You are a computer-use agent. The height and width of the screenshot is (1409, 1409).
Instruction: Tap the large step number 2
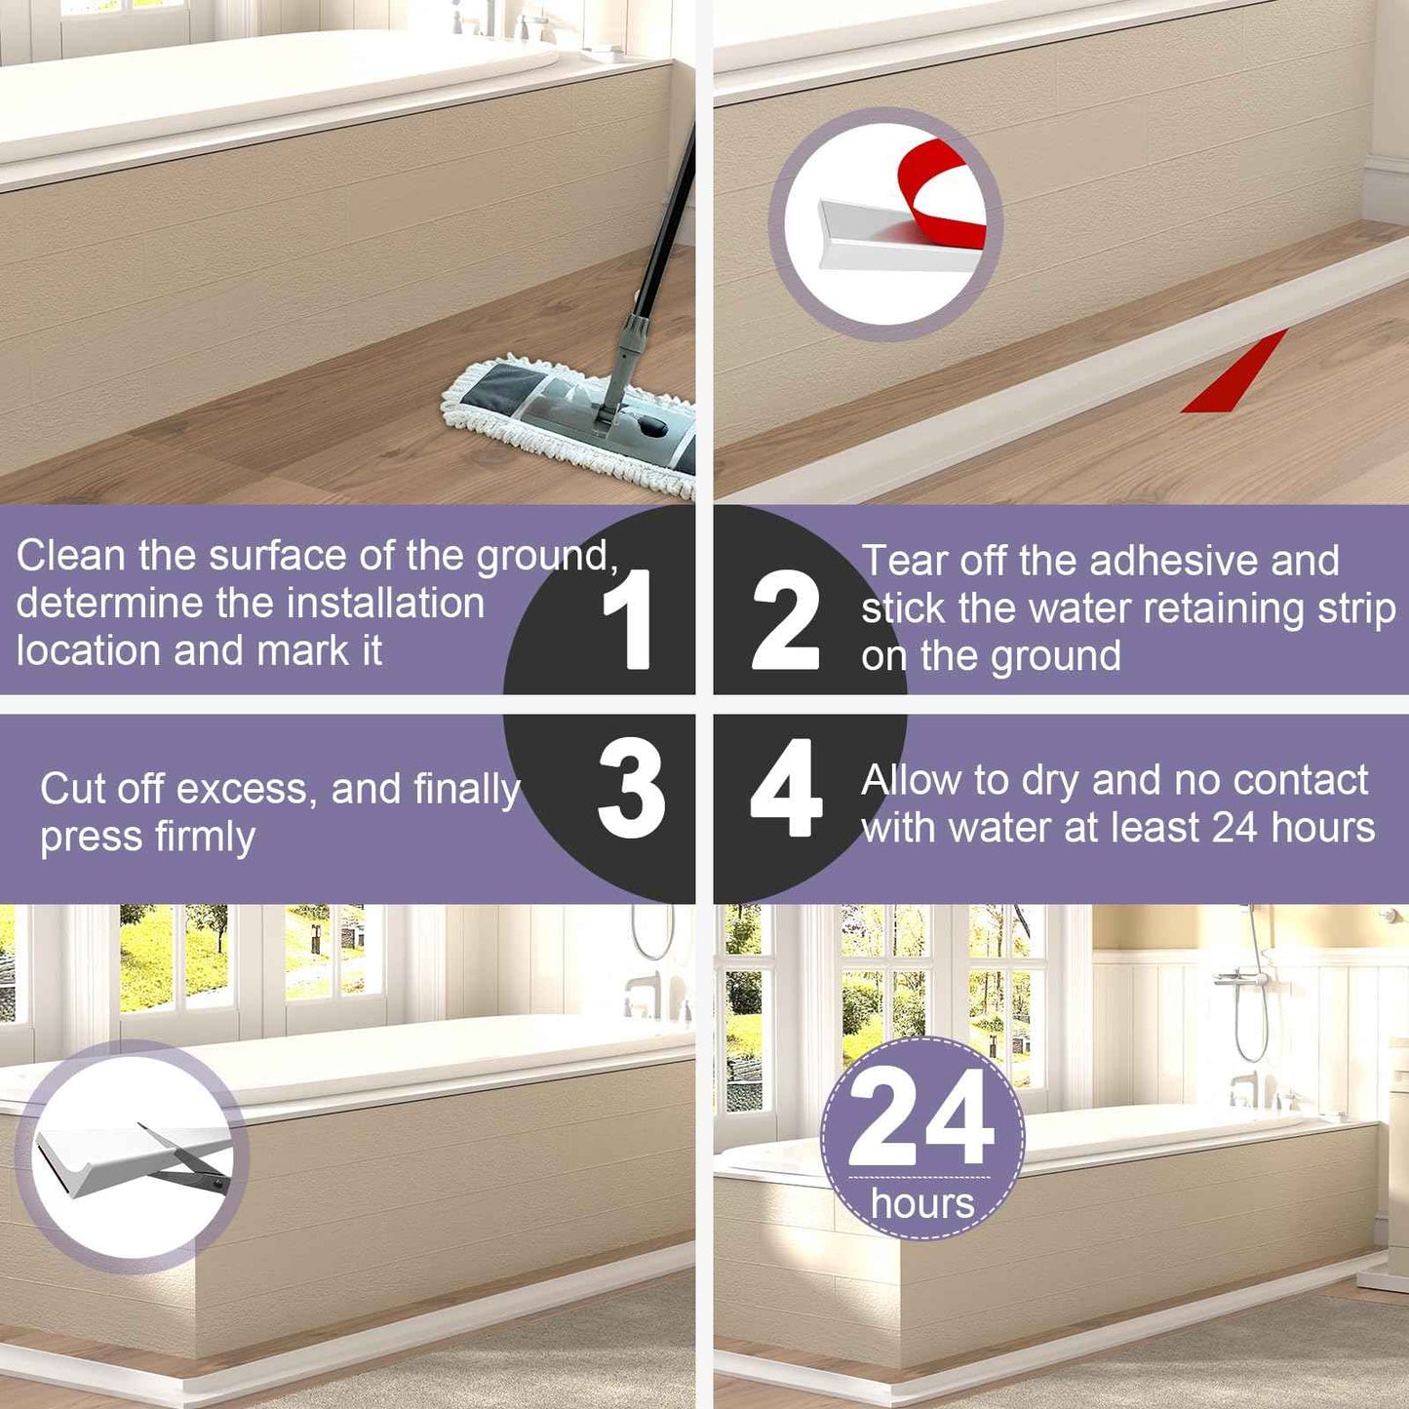point(785,620)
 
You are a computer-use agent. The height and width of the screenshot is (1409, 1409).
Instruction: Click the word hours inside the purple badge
point(922,1203)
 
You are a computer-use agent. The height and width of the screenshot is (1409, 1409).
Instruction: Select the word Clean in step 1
point(71,556)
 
